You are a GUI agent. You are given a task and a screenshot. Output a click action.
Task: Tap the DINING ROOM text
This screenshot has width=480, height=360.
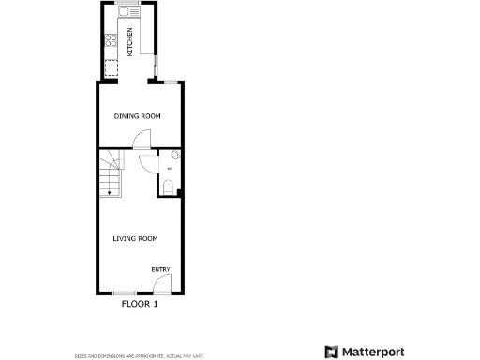[138, 116]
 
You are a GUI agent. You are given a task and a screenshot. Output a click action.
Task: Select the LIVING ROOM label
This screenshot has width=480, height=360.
[135, 238]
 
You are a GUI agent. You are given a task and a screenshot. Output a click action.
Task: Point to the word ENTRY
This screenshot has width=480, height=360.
[161, 270]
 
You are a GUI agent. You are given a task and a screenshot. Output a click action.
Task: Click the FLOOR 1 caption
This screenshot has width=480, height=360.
[140, 304]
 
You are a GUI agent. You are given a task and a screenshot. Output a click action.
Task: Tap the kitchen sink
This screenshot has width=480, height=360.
[124, 14]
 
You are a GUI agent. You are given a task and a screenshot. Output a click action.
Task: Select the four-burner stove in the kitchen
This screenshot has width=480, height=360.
[112, 40]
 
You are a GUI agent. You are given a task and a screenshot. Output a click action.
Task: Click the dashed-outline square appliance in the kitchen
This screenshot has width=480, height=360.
[112, 68]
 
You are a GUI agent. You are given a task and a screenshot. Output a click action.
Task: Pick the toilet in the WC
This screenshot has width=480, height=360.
[168, 187]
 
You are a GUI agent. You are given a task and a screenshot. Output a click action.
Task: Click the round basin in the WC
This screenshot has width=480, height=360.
[175, 157]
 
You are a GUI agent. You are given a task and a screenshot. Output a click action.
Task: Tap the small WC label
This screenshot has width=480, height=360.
[169, 169]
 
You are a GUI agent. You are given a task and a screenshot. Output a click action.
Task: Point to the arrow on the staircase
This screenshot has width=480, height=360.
[110, 191]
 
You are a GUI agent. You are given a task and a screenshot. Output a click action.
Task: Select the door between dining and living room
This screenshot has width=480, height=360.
[141, 142]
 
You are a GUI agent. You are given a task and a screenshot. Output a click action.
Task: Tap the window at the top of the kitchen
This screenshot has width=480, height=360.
[129, 3]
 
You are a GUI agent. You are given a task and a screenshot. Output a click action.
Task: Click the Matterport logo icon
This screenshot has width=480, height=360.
[332, 352]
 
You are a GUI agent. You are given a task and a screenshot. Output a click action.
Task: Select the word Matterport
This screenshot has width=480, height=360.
[372, 352]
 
